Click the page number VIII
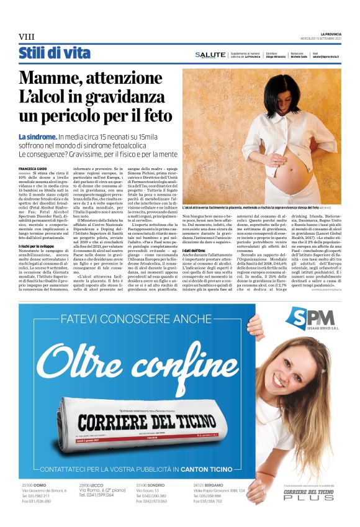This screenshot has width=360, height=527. [x=26, y=35]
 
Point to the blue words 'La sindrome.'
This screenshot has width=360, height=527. [x=37, y=136]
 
